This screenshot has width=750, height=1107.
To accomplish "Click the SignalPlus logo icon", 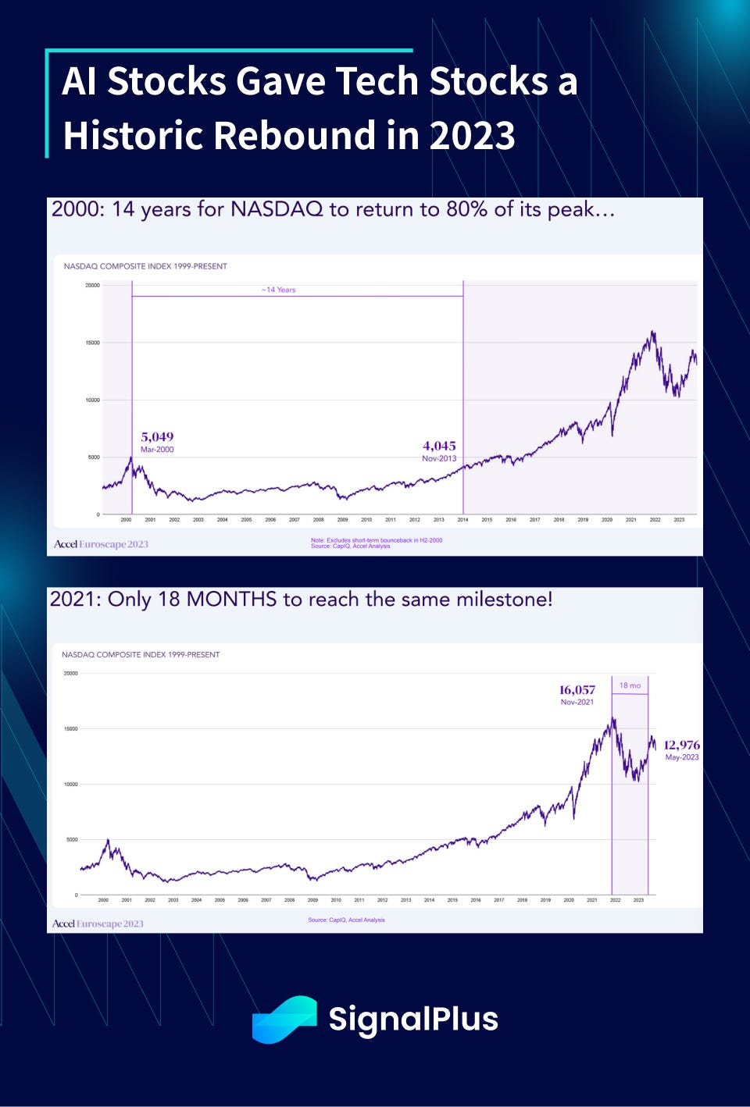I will (284, 1019).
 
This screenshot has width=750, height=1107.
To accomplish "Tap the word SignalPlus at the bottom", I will (413, 1019).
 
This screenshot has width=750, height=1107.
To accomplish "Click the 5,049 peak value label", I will (157, 436).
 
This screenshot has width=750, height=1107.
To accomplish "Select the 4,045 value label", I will (439, 446).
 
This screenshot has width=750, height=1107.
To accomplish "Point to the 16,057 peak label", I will (577, 689).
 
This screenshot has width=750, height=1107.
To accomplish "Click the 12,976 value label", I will (681, 745).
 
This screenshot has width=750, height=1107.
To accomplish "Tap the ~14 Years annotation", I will (278, 290).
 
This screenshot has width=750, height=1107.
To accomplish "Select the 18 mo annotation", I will (630, 685).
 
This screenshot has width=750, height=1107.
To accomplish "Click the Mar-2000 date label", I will (157, 450).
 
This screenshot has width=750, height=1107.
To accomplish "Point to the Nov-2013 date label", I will (439, 458).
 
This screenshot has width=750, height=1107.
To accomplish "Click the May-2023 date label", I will (682, 757).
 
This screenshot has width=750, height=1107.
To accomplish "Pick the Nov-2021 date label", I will (577, 702).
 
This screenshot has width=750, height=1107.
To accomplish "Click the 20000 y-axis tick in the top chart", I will (92, 285).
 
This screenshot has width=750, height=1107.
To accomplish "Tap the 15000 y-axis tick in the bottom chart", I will (70, 728).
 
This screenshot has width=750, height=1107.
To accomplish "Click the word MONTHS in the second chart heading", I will (231, 600).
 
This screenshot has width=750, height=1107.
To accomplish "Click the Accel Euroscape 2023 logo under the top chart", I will (101, 544).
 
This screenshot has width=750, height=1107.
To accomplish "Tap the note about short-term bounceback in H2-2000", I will (377, 540).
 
